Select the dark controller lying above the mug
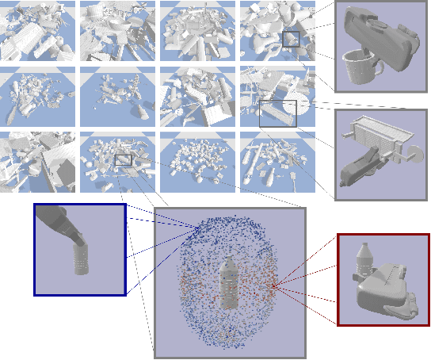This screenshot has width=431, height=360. (380, 37)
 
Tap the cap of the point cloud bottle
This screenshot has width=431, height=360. (229, 259)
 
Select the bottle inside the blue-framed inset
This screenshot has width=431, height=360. (81, 257)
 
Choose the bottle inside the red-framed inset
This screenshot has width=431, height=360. (364, 261)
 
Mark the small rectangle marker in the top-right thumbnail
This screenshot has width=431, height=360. (291, 40)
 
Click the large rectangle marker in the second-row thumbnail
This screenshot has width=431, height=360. (278, 113)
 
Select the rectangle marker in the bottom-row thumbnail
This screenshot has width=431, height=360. (123, 160)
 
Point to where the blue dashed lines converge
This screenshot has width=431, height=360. (199, 229)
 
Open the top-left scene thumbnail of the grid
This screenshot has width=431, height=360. (38, 31)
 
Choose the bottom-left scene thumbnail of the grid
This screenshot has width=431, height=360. (38, 161)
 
